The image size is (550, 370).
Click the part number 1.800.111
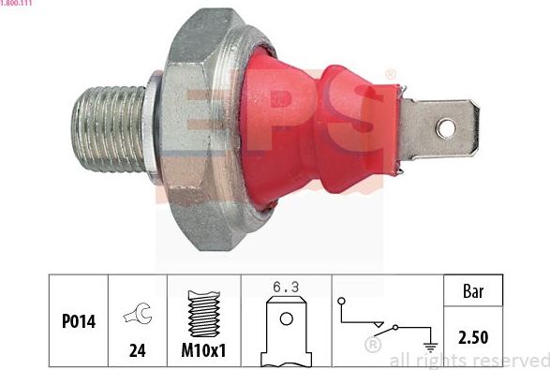(17, 5)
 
